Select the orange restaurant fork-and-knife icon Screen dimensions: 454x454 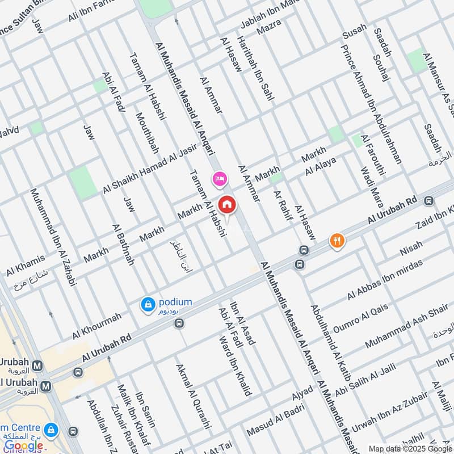(337, 241)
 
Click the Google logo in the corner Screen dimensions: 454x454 (24, 446)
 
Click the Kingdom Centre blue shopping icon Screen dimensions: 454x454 (52, 430)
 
